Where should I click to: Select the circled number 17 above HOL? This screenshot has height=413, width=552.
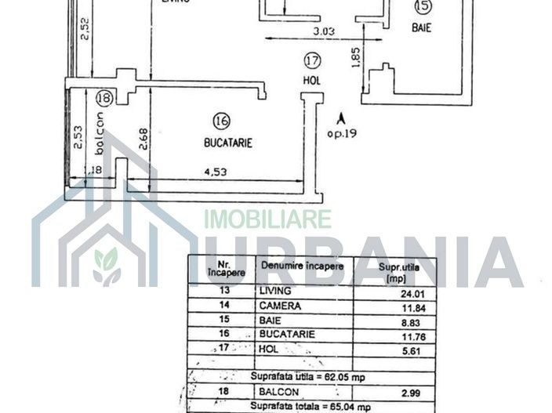(312, 60)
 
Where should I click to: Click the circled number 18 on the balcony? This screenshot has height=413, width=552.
(103, 98)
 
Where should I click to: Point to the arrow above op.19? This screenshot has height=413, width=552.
(340, 118)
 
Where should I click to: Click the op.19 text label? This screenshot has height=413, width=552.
(342, 133)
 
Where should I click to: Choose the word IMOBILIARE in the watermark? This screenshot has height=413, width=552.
(267, 219)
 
